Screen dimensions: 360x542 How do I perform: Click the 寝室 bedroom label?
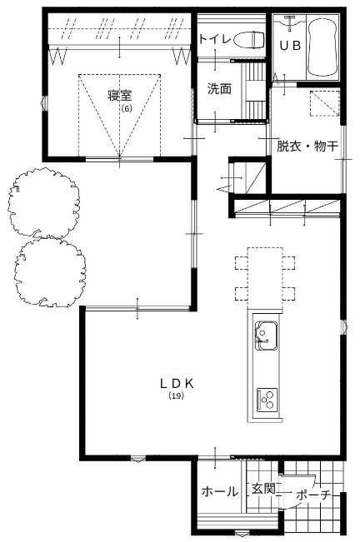pos(119,96)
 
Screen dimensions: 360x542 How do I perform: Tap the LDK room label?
pos(177,383)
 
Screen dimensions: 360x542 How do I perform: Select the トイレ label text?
pos(215,38)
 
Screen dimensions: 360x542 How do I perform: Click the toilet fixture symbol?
pos(248,40)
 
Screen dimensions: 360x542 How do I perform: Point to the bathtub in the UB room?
pos(322,47)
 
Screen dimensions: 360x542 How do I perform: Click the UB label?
pos(290,46)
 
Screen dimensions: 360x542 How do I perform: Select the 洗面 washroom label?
pos(219,89)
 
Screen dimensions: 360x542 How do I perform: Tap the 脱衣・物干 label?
pos(307,147)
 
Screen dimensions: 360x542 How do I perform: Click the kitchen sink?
pos(266,336)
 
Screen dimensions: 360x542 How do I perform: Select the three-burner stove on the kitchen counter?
pos(267,400)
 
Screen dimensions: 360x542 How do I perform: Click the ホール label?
pos(220,491)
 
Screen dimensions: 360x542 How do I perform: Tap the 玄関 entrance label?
pos(264,489)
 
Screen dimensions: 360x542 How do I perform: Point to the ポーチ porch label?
pos(312,495)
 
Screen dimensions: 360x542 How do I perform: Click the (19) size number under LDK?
pos(176,396)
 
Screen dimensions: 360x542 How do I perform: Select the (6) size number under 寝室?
pos(127,108)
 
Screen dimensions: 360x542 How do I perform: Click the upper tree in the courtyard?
pos(44,203)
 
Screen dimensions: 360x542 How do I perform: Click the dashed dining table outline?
pos(265,277)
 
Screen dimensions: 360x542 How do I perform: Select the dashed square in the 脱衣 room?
pos(325,103)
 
